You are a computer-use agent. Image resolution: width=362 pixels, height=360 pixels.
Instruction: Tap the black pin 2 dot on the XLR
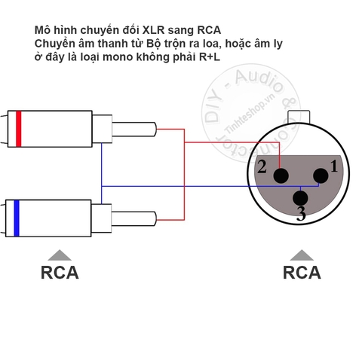281,175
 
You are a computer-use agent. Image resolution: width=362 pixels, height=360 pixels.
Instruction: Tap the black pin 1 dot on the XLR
321,175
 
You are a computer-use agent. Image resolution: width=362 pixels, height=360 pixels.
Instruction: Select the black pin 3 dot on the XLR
301,200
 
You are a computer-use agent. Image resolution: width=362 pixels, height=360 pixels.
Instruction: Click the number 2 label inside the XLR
262,167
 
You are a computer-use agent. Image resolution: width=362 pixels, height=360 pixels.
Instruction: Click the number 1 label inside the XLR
334,166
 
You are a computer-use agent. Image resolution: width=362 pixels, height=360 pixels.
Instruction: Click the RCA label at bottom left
60,272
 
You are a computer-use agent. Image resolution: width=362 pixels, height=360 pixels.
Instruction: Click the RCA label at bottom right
302,272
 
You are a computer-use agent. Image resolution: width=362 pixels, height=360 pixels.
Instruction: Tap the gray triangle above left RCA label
60,254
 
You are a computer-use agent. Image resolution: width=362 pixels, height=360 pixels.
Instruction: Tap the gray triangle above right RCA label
302,254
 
